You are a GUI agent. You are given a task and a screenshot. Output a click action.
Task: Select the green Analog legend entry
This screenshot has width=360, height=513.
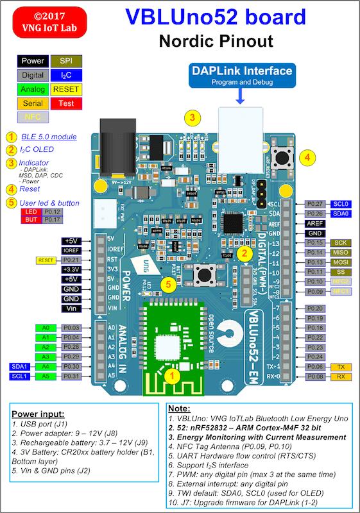tap(32, 89)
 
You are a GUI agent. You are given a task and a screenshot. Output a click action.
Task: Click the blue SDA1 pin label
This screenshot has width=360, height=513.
tap(18, 366)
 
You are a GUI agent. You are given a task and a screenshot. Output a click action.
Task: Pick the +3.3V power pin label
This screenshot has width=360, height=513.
tap(70, 270)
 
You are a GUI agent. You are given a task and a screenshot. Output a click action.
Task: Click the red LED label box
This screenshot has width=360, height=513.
tap(30, 212)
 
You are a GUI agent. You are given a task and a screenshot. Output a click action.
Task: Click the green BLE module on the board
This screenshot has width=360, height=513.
tap(172, 343)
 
